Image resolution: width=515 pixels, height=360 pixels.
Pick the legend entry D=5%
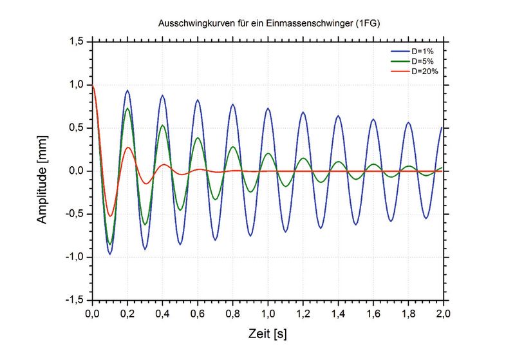[x=422, y=61]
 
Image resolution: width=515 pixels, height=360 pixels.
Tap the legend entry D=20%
[x=424, y=71]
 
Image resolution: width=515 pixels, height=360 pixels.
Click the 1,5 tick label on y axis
[x=76, y=41]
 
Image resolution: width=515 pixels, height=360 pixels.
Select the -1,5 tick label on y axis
[x=74, y=301]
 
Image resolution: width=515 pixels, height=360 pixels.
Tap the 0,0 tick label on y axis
[x=76, y=171]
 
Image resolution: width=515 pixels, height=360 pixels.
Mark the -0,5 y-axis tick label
[x=74, y=214]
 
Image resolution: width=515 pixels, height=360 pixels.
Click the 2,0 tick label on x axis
[x=443, y=314]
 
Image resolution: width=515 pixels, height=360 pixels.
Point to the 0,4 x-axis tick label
[x=163, y=314]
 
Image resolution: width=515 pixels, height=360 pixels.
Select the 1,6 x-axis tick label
[x=373, y=314]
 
